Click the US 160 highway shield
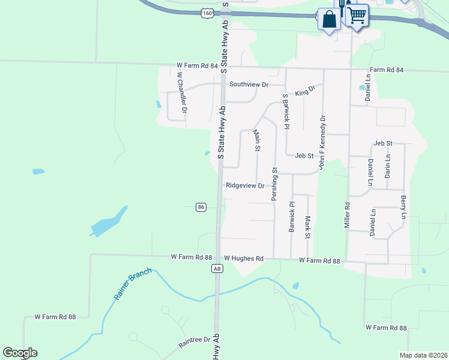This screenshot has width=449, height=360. [x=207, y=13]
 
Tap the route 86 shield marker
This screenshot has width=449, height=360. [x=201, y=207]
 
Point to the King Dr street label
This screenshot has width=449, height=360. [x=305, y=91]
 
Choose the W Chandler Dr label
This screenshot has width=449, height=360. [x=181, y=93]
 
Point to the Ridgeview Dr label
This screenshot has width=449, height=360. [x=245, y=186]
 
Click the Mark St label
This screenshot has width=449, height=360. [x=307, y=227]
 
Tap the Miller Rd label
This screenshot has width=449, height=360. [x=347, y=214]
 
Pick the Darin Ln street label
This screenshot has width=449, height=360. [x=388, y=166]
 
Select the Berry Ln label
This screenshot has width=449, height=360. [x=403, y=207]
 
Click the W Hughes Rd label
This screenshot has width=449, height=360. [x=244, y=259]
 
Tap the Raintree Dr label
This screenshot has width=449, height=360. [x=194, y=343]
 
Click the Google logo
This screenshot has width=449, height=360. [x=20, y=353]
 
